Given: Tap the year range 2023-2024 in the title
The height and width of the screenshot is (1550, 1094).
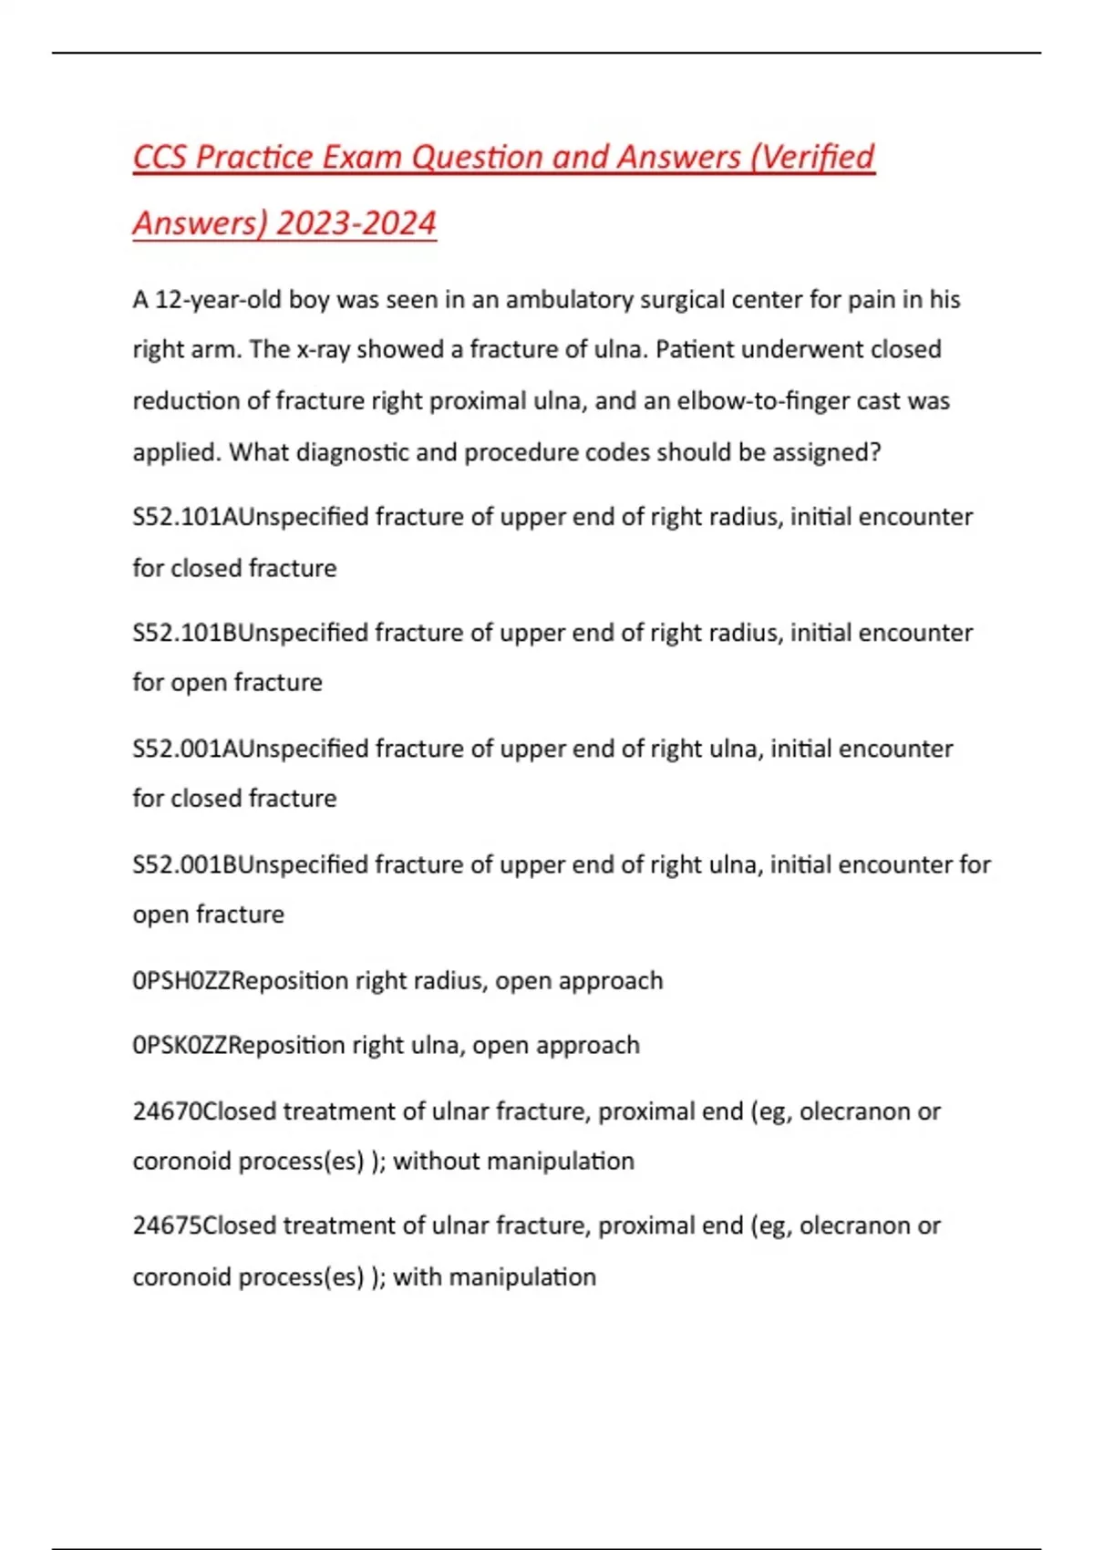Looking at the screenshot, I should [356, 223].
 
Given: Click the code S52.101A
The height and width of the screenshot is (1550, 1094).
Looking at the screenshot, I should [185, 517].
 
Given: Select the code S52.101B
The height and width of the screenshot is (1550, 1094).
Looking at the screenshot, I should [185, 633].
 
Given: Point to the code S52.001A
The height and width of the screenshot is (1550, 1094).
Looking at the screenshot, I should [185, 749].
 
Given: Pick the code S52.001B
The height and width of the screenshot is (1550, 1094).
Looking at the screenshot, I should [185, 864].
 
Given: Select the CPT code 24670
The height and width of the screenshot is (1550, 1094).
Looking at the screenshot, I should [167, 1111].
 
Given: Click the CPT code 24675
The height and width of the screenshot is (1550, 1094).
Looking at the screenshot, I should [167, 1225].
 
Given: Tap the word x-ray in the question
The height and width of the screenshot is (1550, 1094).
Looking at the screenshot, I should [324, 350].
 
